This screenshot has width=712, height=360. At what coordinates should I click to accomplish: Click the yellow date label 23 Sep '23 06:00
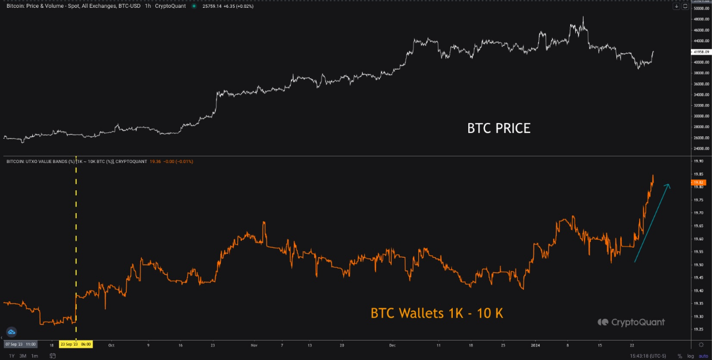point(76,344)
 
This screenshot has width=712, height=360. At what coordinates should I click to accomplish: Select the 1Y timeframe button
point(12,356)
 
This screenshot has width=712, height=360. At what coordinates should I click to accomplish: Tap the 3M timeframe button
point(23,356)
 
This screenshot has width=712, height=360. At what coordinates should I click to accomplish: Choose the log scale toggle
point(690,356)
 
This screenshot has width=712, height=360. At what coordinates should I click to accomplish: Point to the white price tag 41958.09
point(699,52)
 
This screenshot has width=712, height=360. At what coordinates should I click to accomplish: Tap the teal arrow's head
point(669,186)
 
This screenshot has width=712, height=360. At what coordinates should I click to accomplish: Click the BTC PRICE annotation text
point(498,129)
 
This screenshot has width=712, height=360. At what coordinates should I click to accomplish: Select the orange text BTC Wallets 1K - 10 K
point(437,313)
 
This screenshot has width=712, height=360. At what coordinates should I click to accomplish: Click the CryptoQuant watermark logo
point(631,322)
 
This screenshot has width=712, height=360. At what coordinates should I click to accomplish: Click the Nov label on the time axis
point(254,345)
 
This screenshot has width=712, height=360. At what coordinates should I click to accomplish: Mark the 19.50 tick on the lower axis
point(699,265)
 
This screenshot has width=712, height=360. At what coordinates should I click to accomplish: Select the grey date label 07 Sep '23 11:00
point(21,344)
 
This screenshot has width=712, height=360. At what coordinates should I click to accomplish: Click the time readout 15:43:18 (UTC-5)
point(650,356)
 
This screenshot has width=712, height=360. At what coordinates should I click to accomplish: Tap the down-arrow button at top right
point(676,6)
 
